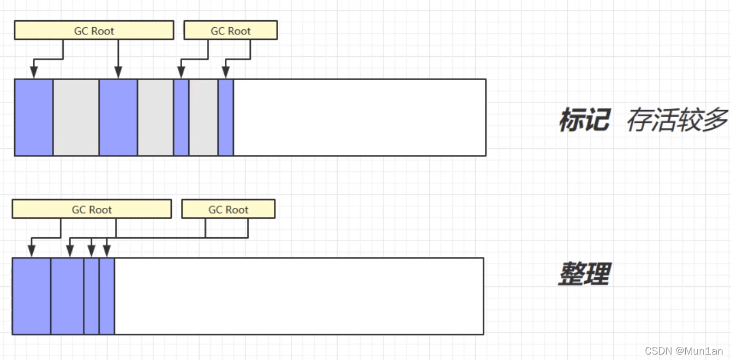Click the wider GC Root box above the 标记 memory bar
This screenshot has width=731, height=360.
click(94, 31)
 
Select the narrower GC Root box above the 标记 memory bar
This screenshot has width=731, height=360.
click(230, 31)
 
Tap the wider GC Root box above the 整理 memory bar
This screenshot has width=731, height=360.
click(92, 209)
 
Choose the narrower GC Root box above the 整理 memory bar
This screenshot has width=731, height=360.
click(228, 209)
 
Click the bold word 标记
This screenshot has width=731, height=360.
click(584, 119)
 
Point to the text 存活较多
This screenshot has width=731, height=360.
click(677, 119)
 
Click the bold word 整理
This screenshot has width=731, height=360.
click(584, 274)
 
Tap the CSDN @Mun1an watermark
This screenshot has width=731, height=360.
click(684, 351)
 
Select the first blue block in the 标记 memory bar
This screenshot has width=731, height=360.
click(34, 117)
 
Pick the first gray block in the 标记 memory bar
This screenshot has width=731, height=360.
click(76, 117)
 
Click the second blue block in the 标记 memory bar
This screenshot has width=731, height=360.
click(118, 117)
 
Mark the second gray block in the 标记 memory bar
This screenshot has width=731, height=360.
click(155, 117)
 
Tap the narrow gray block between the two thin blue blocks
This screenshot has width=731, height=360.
click(203, 117)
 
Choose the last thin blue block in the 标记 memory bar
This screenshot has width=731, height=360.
click(226, 117)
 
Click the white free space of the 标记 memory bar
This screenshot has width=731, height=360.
click(359, 117)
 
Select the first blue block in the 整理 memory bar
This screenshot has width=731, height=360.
click(32, 296)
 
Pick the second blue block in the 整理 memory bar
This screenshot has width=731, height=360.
click(68, 296)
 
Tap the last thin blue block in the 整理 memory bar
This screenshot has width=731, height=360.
click(107, 296)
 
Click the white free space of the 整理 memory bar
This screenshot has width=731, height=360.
click(298, 296)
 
